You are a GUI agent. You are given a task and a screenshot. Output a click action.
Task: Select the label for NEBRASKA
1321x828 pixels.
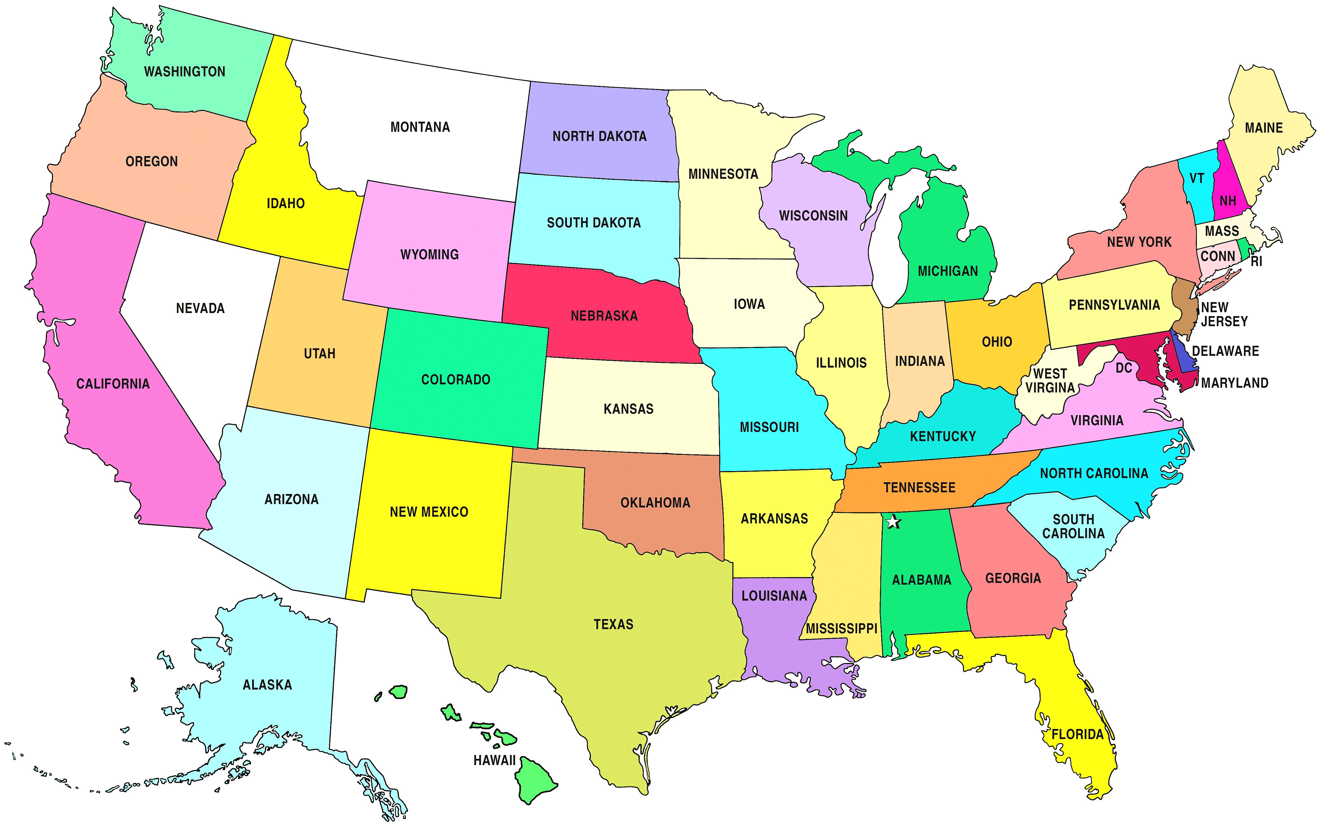click(604, 316)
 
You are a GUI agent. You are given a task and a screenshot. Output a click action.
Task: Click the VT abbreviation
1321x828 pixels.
click(1197, 178)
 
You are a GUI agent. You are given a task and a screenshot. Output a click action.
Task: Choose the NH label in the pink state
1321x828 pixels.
click(1228, 201)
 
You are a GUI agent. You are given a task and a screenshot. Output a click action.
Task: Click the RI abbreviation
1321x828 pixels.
click(1256, 262)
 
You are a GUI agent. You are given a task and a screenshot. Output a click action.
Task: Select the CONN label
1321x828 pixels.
click(1218, 256)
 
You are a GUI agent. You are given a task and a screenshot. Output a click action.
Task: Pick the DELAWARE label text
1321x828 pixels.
click(1225, 351)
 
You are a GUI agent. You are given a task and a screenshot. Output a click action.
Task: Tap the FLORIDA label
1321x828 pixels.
click(1078, 734)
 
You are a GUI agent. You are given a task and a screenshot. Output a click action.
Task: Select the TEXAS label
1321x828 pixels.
click(614, 624)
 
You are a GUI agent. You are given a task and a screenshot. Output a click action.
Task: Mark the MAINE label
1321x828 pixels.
click(1264, 128)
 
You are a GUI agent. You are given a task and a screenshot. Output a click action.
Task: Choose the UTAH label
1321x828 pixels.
click(319, 354)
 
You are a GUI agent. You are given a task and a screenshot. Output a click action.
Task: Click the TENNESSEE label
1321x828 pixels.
click(919, 487)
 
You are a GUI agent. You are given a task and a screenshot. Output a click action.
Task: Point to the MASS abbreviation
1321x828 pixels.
click(1222, 231)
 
